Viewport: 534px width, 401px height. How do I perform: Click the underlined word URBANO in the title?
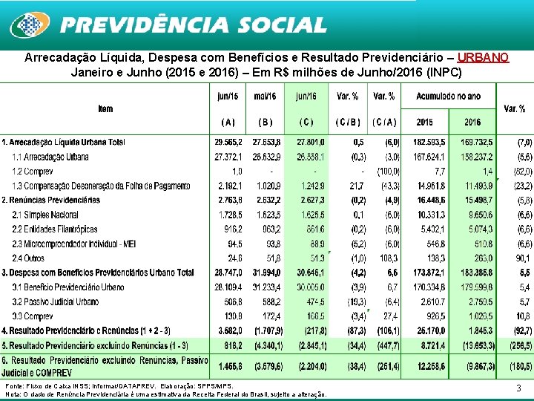click(483, 57)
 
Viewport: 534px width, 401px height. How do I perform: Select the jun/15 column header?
click(228, 97)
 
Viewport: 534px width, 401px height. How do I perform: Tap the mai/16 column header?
click(265, 97)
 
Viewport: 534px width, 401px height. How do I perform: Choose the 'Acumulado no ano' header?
click(448, 97)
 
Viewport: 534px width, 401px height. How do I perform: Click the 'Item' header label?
click(105, 109)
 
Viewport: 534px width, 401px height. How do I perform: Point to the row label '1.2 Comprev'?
click(33, 172)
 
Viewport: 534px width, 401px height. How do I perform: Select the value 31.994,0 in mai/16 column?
click(265, 273)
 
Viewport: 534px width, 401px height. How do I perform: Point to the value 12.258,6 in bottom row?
click(430, 366)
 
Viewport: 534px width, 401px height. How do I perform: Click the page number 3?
click(518, 388)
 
